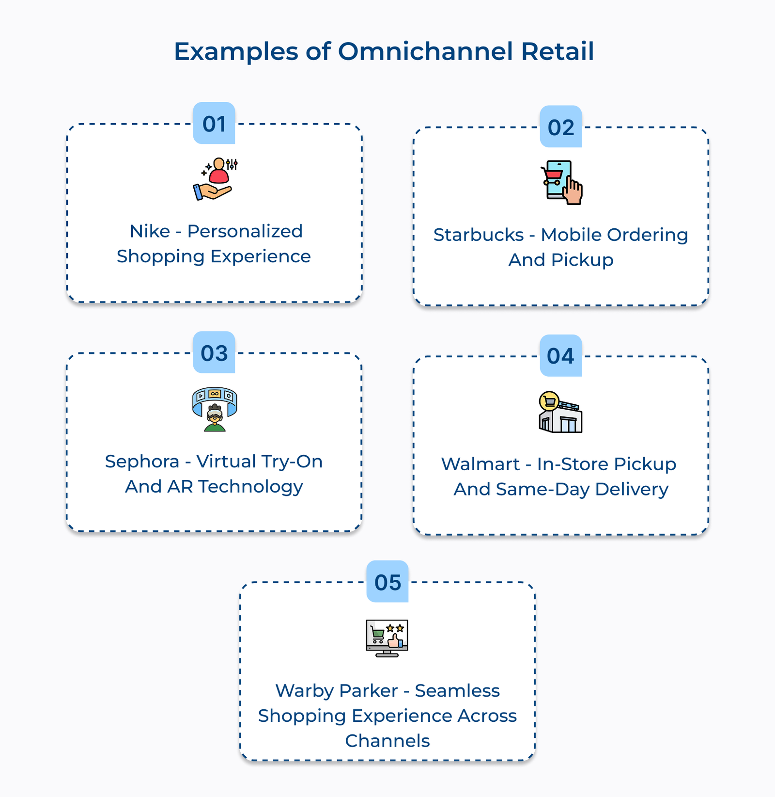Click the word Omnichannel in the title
click(x=425, y=51)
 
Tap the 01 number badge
click(x=214, y=124)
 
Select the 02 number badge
click(x=561, y=127)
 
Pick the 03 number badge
click(x=214, y=353)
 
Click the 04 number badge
click(x=561, y=356)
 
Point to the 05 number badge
click(x=387, y=582)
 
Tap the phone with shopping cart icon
click(x=561, y=182)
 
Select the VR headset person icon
click(x=215, y=409)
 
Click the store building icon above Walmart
click(x=560, y=412)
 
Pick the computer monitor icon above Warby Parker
click(x=387, y=638)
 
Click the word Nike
click(x=150, y=231)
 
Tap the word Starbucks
click(x=478, y=235)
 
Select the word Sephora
click(x=142, y=462)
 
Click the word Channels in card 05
click(x=387, y=741)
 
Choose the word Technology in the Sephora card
click(x=250, y=487)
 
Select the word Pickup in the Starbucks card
click(x=582, y=260)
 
